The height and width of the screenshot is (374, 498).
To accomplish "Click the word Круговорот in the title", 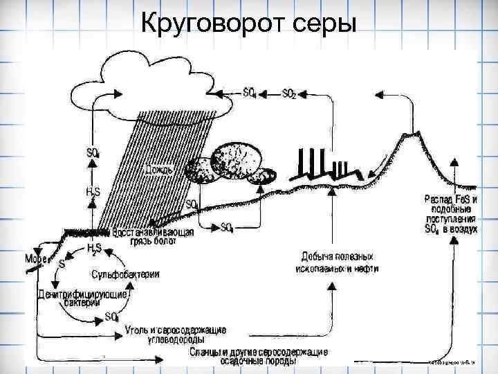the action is tap(201, 24).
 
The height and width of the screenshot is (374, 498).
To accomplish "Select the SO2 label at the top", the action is tap(288, 94).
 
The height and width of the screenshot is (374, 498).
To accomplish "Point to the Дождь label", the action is tap(159, 169).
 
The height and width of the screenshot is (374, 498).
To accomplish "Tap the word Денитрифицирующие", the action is tap(82, 294).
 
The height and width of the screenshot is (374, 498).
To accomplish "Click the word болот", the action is tap(163, 243).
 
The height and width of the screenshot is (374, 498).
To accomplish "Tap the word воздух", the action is tap(463, 228).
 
